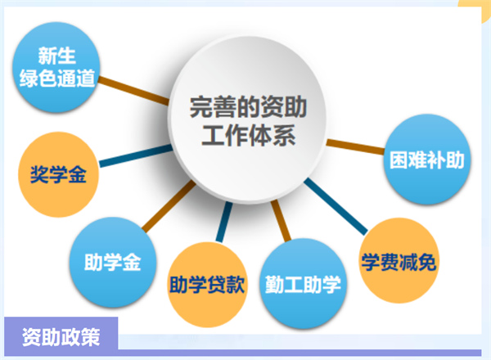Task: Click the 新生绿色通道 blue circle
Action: [x=56, y=67]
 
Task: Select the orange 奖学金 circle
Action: [x=59, y=174]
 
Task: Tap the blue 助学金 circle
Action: [x=113, y=262]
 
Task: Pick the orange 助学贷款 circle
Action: [x=207, y=285]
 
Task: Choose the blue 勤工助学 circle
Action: [x=303, y=284]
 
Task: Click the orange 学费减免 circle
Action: [x=399, y=260]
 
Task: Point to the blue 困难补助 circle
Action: [x=427, y=160]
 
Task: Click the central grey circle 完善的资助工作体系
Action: [x=247, y=120]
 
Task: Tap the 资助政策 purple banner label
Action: [x=61, y=337]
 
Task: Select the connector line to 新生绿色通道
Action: [x=133, y=91]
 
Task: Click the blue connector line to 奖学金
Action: [x=136, y=155]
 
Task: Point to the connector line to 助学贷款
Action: [x=224, y=222]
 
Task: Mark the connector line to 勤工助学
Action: [x=281, y=221]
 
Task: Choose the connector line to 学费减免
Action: [x=336, y=206]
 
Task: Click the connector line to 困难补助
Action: [x=355, y=146]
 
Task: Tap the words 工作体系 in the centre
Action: [x=248, y=136]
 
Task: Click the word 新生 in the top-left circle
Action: [x=56, y=56]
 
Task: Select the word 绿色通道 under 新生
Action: [x=57, y=78]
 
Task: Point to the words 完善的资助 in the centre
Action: [x=248, y=107]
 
